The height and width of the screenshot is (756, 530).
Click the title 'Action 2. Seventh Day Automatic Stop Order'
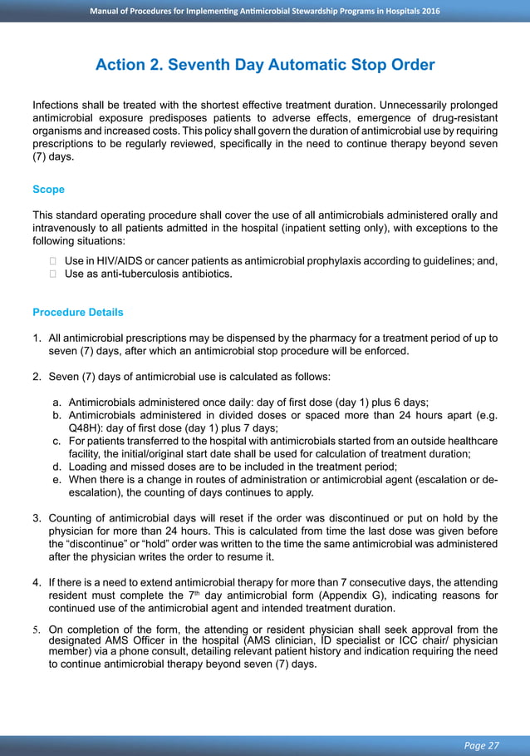pyautogui.click(x=265, y=65)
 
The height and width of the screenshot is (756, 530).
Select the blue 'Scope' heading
pyautogui.click(x=48, y=190)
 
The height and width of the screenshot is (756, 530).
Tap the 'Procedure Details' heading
pyautogui.click(x=78, y=313)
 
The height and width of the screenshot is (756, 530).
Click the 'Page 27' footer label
pyautogui.click(x=482, y=744)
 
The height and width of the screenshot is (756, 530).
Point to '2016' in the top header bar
pyautogui.click(x=429, y=11)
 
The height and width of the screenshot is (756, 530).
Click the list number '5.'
pyautogui.click(x=37, y=630)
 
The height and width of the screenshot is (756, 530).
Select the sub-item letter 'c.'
pyautogui.click(x=57, y=441)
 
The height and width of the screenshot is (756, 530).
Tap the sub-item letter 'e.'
pyautogui.click(x=57, y=480)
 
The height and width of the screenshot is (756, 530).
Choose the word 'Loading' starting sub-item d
pyautogui.click(x=88, y=467)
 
